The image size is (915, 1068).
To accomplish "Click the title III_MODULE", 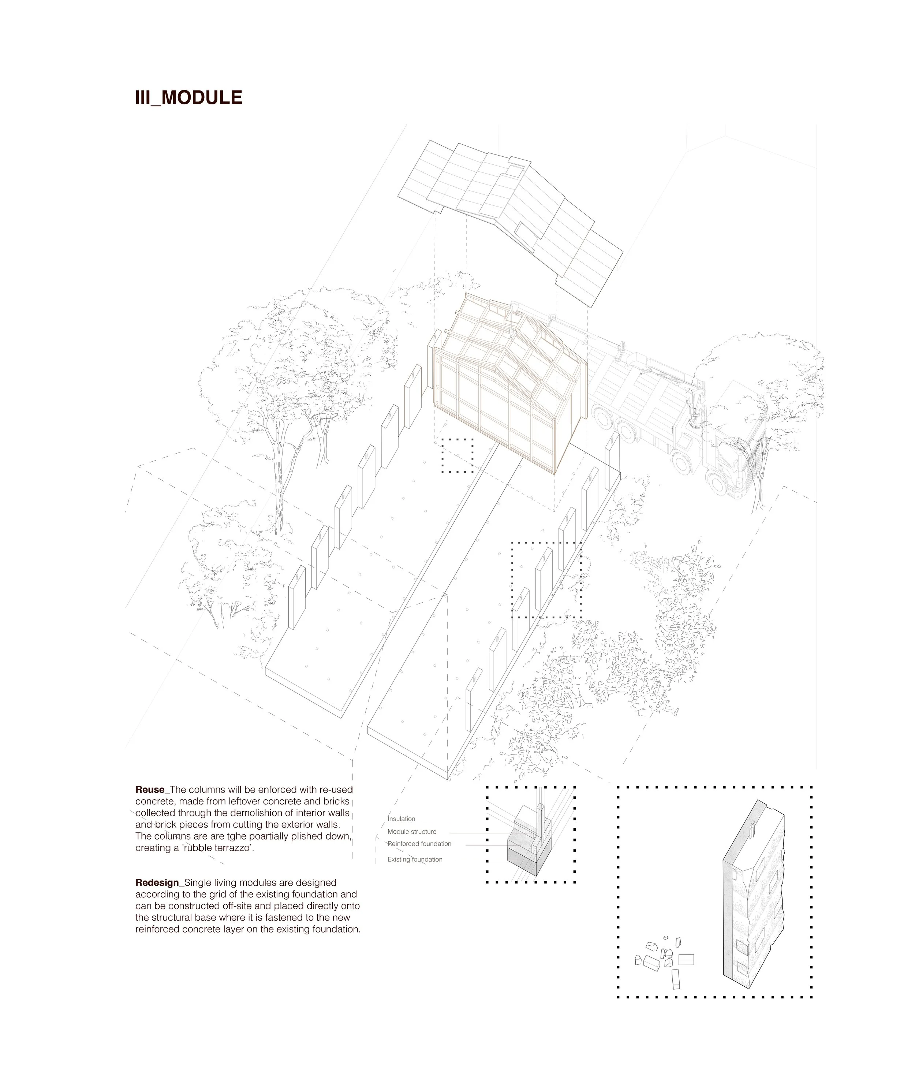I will tap(188, 97).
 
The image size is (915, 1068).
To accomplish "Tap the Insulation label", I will tap(402, 819).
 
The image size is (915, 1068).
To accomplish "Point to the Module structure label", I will tap(412, 831).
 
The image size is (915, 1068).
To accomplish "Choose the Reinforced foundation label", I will tap(419, 844).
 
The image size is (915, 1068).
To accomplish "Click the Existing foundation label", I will tap(415, 859).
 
